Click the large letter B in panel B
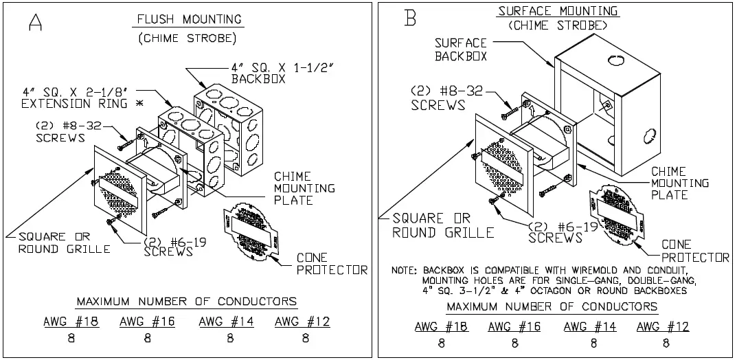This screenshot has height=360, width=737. [411, 17]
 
